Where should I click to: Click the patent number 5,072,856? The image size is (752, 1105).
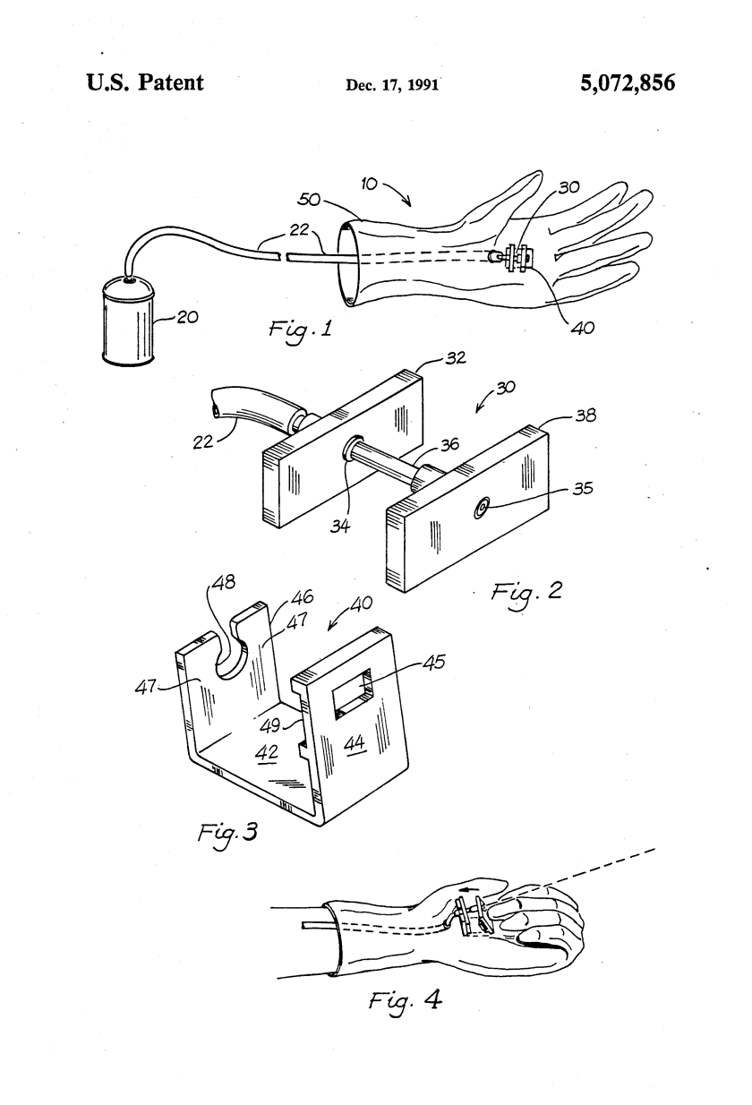coord(628,83)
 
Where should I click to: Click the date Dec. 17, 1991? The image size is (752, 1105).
coord(392,85)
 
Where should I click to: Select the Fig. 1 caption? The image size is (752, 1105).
coord(300,329)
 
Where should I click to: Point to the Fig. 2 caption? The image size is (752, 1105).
coord(526,592)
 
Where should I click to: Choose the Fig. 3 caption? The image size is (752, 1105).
coord(227,833)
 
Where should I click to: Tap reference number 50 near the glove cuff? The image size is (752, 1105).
coord(309,200)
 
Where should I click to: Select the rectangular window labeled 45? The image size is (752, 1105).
coord(353,694)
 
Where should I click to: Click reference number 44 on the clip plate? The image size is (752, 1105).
coord(355,743)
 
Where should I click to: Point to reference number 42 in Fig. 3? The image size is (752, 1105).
coord(267,752)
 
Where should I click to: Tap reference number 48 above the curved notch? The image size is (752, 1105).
coord(224,583)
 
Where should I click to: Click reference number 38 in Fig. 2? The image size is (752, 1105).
coord(585,415)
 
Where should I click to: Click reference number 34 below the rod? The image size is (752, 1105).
coord(340,526)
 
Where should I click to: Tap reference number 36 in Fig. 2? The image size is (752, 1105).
coord(449,444)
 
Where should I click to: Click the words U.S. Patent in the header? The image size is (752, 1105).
coord(145,82)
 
